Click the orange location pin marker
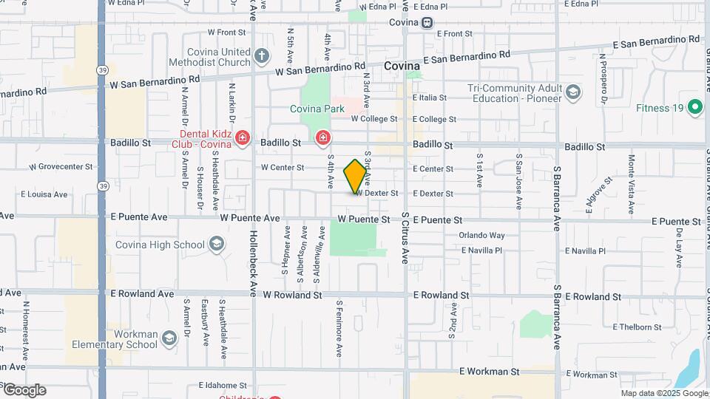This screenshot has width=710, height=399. coord(355,176)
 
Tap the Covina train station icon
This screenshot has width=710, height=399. coord(428,22)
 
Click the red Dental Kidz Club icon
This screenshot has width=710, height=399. coord(242,138)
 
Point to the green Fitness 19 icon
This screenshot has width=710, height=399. coord(694,108)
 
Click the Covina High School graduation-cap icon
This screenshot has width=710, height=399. coord(216,244)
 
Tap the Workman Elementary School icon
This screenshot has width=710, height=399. coord(169,338)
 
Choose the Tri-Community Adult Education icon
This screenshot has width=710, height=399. coord(573,92)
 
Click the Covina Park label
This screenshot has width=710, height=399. coord(317,109)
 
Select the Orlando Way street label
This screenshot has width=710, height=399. coord(481,236)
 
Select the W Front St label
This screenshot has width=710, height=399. coord(226,33)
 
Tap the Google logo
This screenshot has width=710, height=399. coord(24,389)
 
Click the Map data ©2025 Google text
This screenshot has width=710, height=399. coord(663,393)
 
